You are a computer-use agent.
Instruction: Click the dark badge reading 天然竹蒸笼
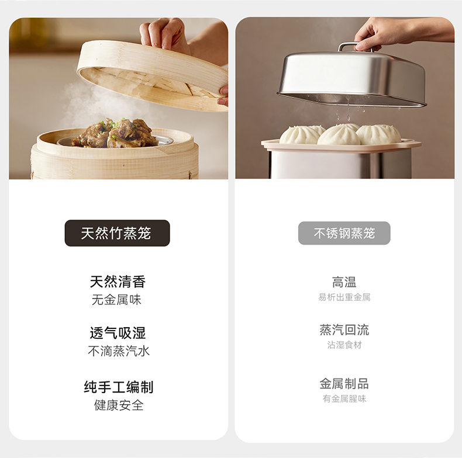pos(118,233)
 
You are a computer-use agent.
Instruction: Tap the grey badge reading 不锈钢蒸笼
pos(344,233)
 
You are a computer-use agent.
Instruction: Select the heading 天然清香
pos(118,282)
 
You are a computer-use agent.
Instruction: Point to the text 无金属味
pos(117,300)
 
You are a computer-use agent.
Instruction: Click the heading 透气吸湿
pos(118,333)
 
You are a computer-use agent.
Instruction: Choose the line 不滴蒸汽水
pos(119,351)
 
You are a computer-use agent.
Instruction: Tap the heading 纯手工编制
pos(119,387)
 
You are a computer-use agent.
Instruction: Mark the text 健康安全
pos(119,405)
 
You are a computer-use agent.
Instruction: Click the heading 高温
pos(344,282)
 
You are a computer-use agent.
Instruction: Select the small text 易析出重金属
pos(344,297)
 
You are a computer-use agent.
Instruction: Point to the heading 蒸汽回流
pos(344,329)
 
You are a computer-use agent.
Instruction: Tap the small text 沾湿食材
pos(344,345)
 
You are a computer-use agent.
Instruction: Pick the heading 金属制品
pos(344,384)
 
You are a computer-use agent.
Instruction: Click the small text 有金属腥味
pos(344,398)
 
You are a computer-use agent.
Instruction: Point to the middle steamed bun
pos(339,135)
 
